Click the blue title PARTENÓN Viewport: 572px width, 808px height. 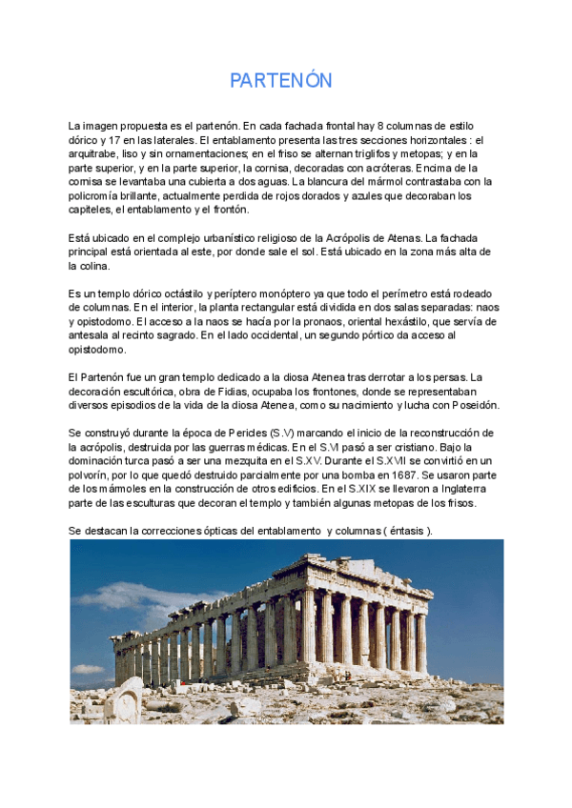tap(281, 81)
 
